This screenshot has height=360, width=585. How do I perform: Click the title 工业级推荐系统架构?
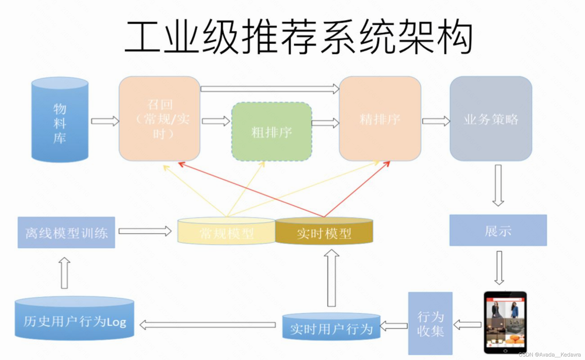point(298,37)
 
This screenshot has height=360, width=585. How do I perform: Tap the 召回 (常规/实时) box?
point(159,119)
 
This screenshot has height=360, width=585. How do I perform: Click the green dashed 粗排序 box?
point(271,132)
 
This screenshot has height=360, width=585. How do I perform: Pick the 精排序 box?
point(380,119)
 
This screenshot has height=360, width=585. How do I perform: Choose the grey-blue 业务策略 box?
point(491,119)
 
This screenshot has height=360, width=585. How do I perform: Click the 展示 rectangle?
point(498,230)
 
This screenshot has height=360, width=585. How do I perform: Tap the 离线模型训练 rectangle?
point(66,232)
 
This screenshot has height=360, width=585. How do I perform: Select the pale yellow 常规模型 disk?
point(227,232)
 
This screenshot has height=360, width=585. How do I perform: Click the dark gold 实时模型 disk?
point(324,232)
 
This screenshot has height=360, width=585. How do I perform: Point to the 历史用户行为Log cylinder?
point(74,320)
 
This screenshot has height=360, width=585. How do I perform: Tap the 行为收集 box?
point(430,323)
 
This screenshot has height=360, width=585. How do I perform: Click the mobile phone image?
point(505,323)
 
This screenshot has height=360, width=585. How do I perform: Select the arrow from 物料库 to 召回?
point(105,121)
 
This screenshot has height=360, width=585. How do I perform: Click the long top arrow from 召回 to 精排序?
point(269,89)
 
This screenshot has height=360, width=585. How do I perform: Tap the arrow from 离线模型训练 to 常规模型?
point(145,231)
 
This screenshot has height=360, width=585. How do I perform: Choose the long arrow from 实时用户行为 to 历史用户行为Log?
point(207,325)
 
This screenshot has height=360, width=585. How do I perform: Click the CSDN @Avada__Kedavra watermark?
point(550,355)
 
